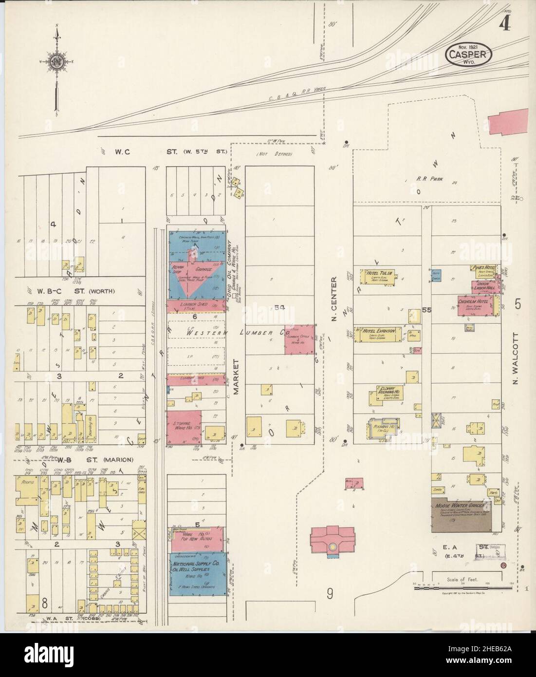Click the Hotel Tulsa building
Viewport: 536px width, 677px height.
pyautogui.click(x=379, y=276)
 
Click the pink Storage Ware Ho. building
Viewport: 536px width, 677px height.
pyautogui.click(x=184, y=427)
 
